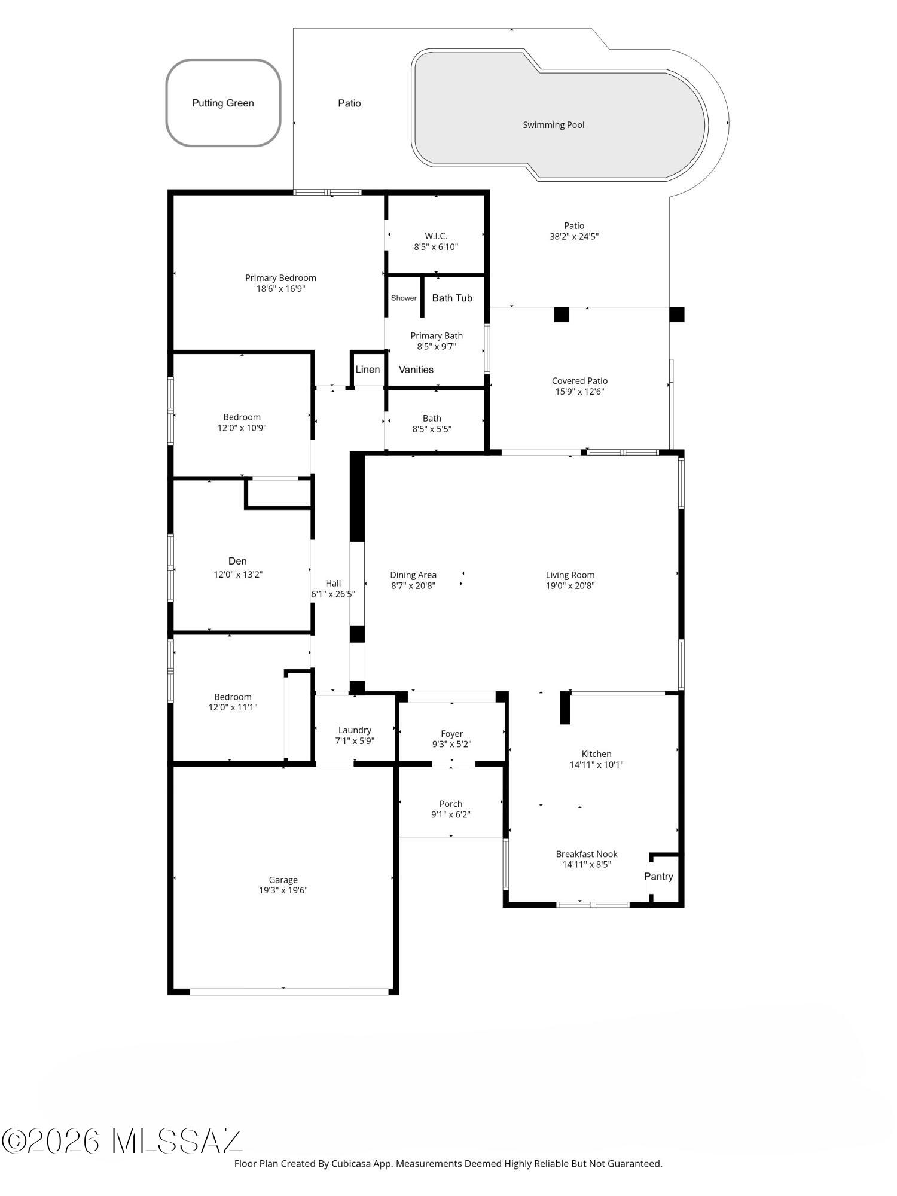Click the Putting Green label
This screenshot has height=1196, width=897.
222,103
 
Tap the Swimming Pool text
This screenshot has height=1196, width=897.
553,125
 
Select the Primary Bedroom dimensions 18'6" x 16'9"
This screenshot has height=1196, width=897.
280,289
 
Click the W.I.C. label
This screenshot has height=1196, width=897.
436,236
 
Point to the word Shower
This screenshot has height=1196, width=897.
404,298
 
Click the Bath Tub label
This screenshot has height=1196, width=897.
452,298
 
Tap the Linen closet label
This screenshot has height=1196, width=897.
367,369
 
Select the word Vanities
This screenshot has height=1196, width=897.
416,370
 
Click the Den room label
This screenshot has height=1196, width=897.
237,560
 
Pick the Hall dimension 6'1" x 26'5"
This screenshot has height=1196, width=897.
333,594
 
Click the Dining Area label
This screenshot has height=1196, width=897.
413,575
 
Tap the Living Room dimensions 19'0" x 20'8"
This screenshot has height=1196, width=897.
570,586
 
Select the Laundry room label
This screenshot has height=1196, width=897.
355,730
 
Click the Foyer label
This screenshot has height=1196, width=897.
451,733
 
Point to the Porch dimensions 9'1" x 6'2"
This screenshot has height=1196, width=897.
450,814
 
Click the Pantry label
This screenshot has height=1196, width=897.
658,876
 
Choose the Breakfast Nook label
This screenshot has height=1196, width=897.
586,854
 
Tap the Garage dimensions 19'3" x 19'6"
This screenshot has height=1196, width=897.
283,890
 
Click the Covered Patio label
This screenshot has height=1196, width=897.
579,380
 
